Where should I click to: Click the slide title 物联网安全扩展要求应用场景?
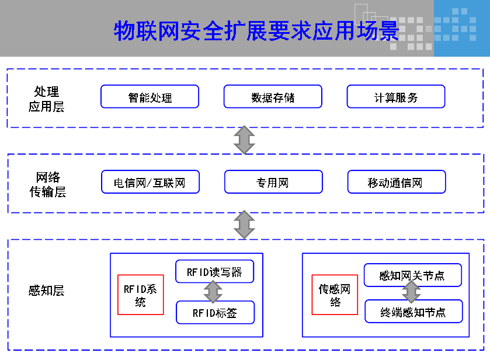[256, 30]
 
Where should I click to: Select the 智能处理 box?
[150, 97]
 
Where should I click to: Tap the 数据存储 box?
[273, 97]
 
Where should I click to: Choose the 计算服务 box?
[396, 97]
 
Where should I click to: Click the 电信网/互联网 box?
[150, 182]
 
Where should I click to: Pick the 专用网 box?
[273, 182]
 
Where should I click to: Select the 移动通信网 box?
[396, 182]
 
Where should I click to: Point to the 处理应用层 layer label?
[47, 99]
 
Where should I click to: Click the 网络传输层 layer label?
[47, 184]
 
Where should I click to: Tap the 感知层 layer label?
[46, 291]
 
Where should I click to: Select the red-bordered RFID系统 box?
[140, 295]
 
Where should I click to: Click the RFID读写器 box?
[214, 271]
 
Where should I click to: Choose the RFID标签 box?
[215, 313]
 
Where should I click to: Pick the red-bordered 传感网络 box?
[335, 295]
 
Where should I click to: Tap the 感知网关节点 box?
[413, 275]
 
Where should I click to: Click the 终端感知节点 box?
[413, 312]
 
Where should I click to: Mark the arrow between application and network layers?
[244, 140]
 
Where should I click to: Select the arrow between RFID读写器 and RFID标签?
[213, 292]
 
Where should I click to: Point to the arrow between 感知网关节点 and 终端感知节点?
[411, 292]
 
